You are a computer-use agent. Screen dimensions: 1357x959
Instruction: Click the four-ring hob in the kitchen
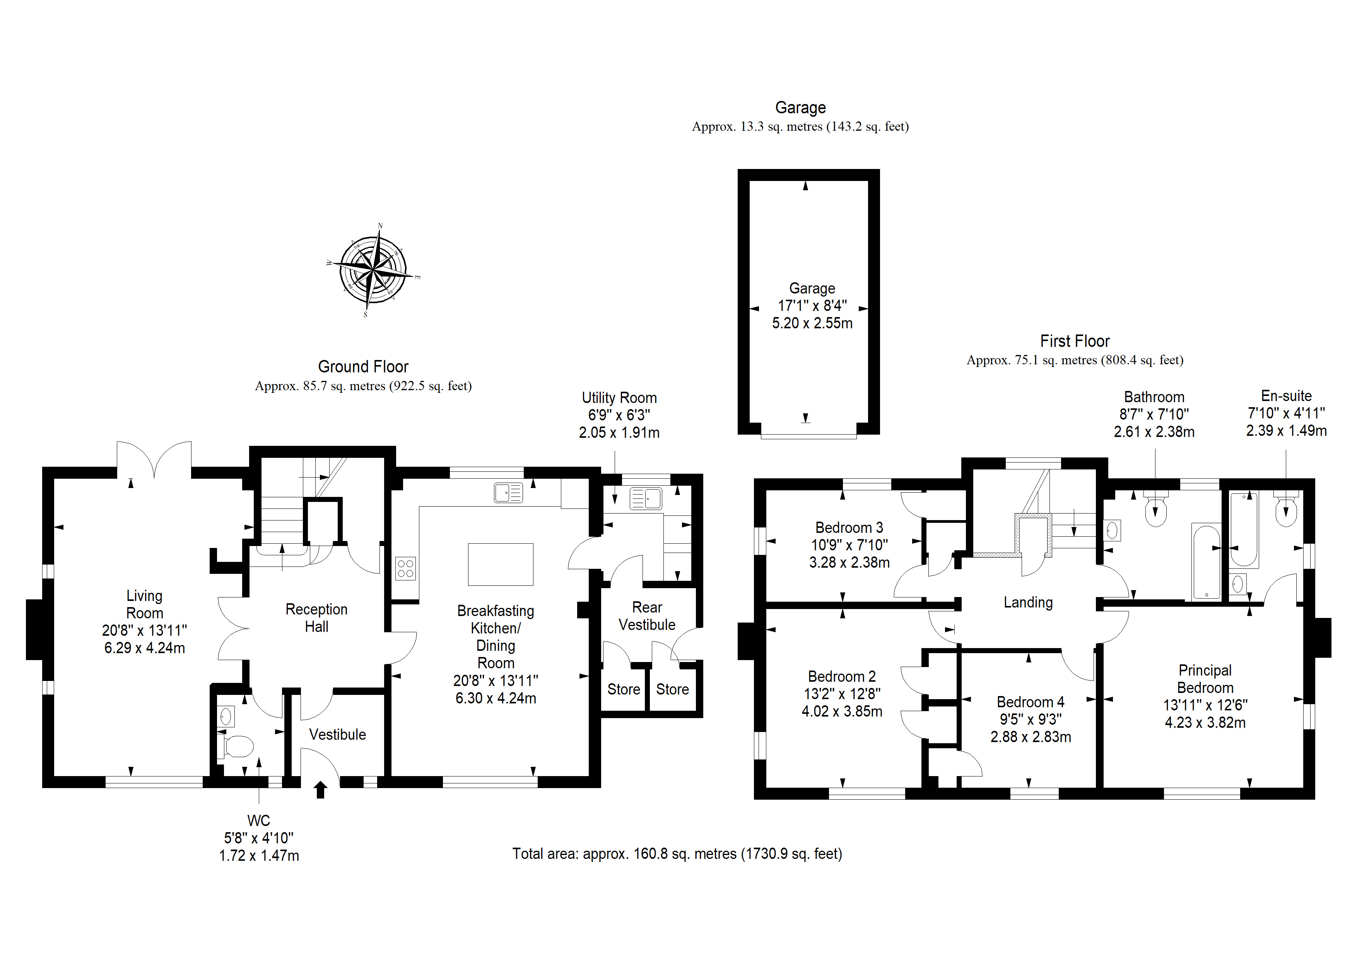point(405,568)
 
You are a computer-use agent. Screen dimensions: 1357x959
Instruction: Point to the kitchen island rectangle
point(501,564)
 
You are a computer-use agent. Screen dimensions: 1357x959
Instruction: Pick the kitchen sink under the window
point(508,493)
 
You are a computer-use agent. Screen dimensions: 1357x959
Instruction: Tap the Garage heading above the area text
point(800,108)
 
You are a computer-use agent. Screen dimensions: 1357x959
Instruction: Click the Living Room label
point(144,604)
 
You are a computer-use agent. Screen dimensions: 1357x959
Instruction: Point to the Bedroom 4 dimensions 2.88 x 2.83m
point(1031,737)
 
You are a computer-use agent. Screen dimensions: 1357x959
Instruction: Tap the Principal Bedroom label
point(1205,679)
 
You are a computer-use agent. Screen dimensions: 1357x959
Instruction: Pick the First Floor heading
point(1075,341)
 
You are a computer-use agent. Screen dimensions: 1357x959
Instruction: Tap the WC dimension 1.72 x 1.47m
point(259,856)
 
